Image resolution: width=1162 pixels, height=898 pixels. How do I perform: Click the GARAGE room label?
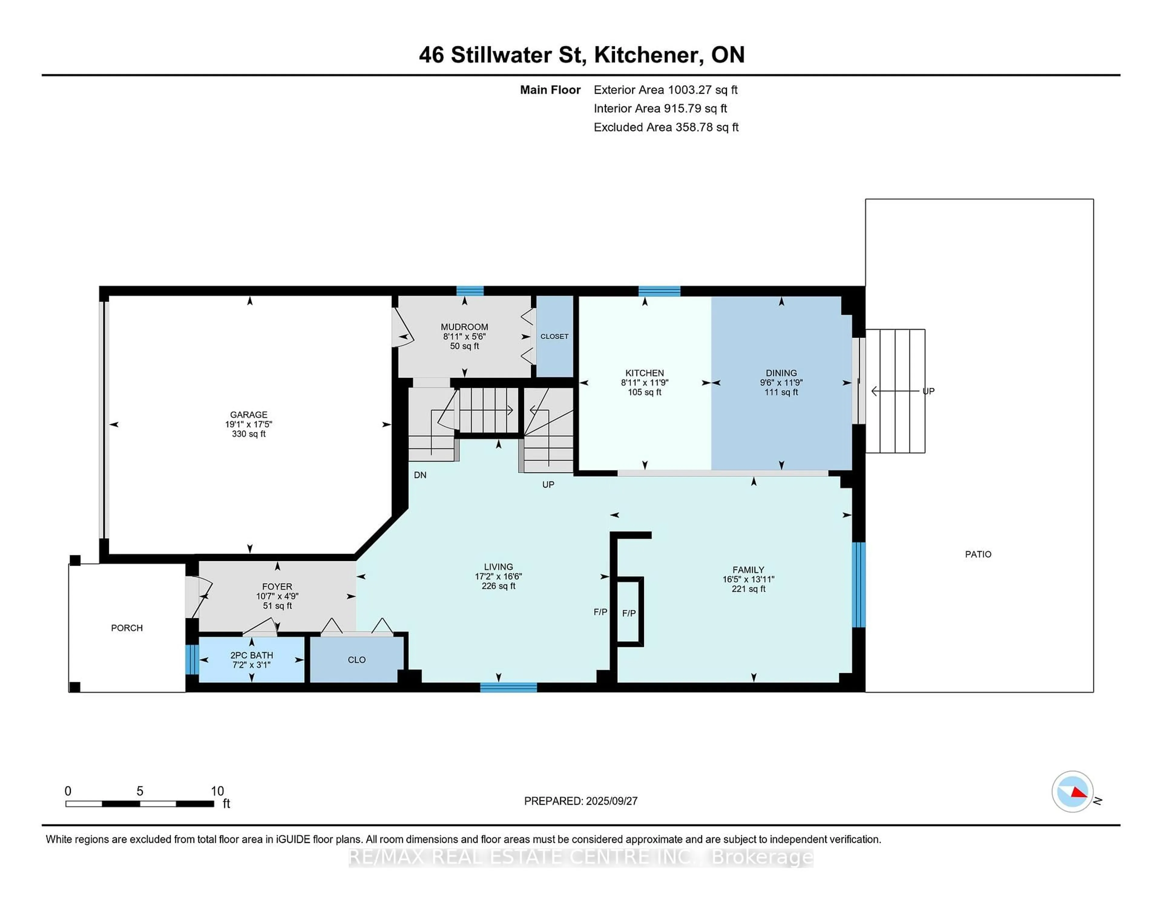(248, 415)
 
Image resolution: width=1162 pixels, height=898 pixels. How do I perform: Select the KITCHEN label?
(644, 373)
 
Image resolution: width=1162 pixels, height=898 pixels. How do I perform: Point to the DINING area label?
(781, 373)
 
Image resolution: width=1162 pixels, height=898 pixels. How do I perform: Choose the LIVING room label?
(498, 567)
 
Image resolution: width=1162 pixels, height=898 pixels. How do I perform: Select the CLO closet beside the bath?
(356, 660)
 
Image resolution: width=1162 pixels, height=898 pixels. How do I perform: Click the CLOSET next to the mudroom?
(554, 336)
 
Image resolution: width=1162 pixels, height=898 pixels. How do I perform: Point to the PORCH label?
(126, 628)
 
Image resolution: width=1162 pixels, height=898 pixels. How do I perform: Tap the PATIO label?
(978, 554)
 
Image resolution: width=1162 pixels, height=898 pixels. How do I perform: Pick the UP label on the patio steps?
(928, 391)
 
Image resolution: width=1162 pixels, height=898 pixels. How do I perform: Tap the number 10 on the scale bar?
(217, 791)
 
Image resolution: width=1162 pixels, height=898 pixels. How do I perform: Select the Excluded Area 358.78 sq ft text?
(666, 127)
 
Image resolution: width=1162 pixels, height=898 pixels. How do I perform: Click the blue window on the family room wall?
(858, 585)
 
